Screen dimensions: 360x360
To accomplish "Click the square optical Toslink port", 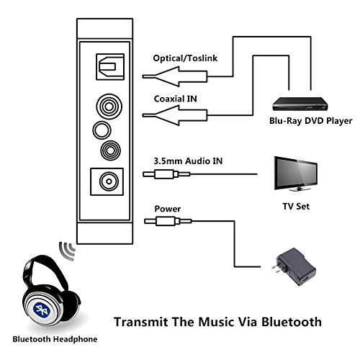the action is [x=110, y=67].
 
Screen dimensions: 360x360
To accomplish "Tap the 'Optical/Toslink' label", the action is [x=185, y=58].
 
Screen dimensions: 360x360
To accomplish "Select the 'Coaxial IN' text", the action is [x=176, y=99].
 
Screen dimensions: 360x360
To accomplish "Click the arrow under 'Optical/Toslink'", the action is [x=175, y=76].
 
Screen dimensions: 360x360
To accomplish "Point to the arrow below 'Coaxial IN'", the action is [x=175, y=115].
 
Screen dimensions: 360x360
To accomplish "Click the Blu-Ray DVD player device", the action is [x=300, y=104].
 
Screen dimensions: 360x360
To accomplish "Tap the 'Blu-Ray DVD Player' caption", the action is [x=310, y=121].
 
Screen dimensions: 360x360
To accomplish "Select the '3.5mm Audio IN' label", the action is [x=188, y=161].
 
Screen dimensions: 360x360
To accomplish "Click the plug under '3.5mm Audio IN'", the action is [x=166, y=174].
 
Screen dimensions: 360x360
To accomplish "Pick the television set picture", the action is [x=296, y=174].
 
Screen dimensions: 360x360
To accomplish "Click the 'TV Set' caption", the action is [x=296, y=207].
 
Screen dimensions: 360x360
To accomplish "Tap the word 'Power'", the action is [x=168, y=209].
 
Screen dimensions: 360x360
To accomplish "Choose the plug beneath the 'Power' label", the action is [x=168, y=221].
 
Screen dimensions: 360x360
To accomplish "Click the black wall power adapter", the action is [x=294, y=266].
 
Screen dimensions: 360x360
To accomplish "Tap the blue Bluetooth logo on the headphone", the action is [x=42, y=310].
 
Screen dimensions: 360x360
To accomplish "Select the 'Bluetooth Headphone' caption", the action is [x=55, y=339].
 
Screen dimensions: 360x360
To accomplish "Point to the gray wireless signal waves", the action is [x=68, y=251].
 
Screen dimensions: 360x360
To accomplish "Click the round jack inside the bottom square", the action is [x=109, y=181].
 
